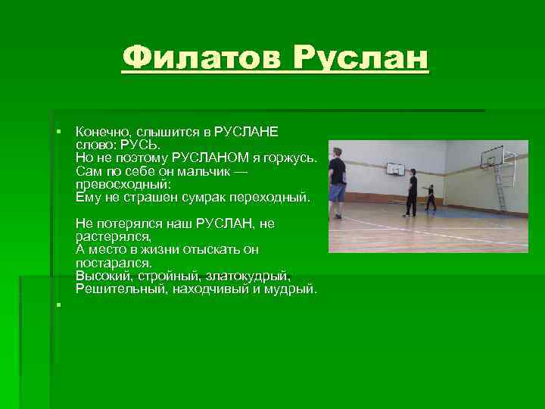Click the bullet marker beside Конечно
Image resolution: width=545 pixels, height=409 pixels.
point(58,132)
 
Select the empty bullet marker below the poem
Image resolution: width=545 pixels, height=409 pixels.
point(58,304)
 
